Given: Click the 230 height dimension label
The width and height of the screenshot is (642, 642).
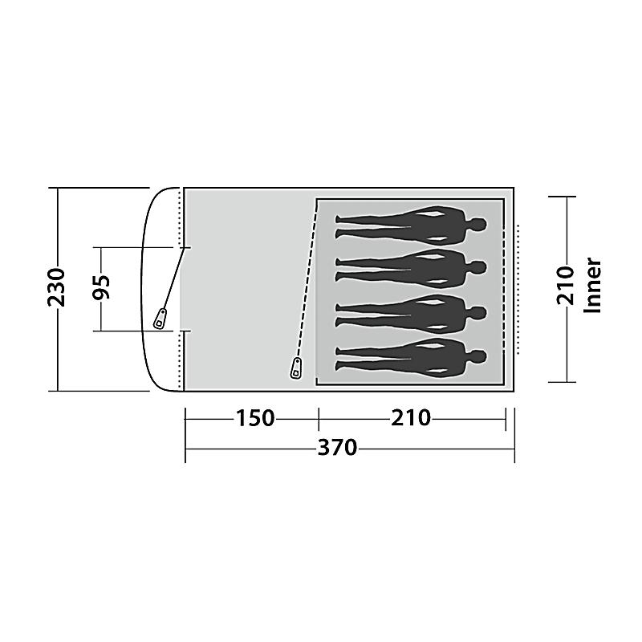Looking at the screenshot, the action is pos(56,287).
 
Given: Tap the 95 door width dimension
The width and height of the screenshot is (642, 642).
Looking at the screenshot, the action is pos(101,287).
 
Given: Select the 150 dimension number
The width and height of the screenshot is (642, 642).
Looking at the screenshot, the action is pos(254,418).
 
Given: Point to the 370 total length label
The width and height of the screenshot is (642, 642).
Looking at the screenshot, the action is pos(337,448).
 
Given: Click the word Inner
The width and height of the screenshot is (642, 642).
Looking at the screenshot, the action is pos(593,286).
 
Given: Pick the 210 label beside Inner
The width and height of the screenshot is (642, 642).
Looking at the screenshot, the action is pos(566,286).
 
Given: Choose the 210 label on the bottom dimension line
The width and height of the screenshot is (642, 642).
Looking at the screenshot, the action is pos(411,418).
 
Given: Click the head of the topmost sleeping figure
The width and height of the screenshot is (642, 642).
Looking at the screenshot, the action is pos(477,225).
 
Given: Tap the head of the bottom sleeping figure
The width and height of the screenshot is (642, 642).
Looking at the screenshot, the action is pos(477,356).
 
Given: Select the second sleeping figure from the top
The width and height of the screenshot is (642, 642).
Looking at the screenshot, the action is pos(411,268).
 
